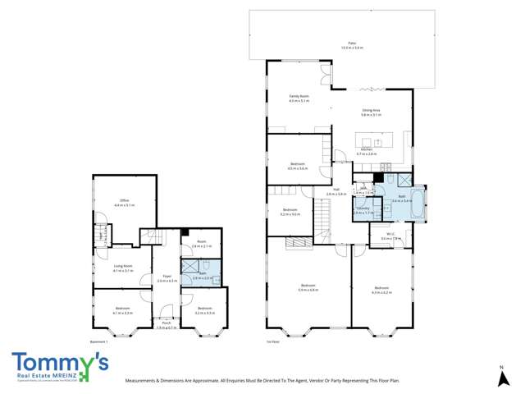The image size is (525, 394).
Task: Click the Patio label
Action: pos(352,43)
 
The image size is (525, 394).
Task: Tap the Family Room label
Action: pos(299,96)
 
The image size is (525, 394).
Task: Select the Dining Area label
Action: pos(371,110)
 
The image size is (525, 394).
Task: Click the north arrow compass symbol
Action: pos(501,378)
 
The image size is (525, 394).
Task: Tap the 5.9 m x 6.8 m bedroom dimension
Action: pos(308,291)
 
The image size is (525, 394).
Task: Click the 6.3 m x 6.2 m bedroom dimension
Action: pos(381,291)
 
